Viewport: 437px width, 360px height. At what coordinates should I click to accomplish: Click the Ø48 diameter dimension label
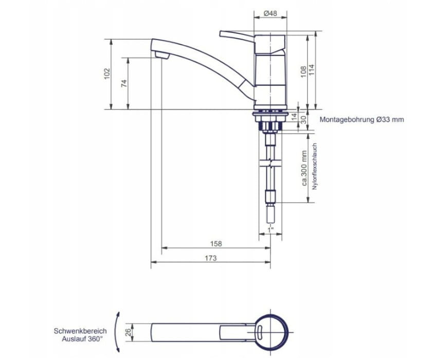[270, 13]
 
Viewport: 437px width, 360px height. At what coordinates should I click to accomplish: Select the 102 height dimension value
[107, 74]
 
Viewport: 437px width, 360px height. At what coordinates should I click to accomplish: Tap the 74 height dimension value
[124, 83]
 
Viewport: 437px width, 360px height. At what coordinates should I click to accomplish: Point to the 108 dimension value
[303, 71]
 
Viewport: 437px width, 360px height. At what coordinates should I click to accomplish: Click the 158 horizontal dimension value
[216, 244]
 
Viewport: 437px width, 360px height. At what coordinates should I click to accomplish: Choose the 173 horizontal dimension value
[210, 258]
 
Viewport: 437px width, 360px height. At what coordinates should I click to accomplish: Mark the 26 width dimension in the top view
[128, 332]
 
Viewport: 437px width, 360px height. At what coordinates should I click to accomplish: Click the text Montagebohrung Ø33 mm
[361, 120]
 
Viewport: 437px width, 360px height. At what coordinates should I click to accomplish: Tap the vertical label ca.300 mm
[304, 168]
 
